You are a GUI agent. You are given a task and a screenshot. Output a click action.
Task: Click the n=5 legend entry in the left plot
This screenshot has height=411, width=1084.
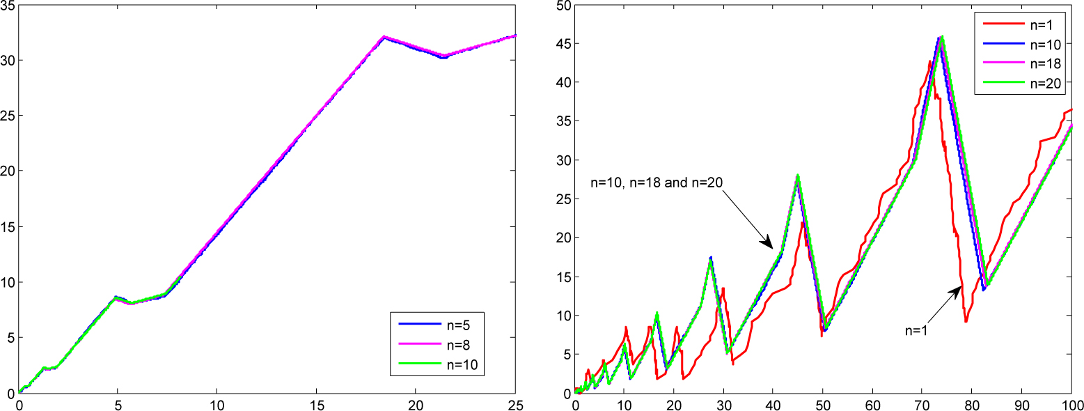[458, 324]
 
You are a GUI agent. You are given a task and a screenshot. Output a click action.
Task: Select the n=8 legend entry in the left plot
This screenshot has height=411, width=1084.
[458, 343]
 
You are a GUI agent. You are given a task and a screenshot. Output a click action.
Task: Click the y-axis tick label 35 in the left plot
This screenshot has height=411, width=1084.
[8, 5]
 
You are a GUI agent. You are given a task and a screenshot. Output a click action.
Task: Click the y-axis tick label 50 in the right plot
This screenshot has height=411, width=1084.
[562, 5]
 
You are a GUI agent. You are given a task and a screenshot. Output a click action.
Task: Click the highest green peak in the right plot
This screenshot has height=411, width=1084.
[942, 37]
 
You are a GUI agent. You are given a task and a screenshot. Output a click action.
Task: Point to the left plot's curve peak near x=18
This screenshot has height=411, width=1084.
[384, 37]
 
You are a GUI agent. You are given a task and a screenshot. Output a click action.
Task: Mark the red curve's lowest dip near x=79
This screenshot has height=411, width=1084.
[966, 321]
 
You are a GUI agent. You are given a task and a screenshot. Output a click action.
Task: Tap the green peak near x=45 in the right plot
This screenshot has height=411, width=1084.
[798, 176]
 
